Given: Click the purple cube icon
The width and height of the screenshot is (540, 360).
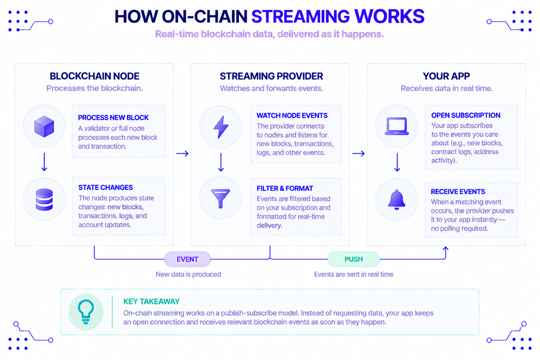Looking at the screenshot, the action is coord(44,127).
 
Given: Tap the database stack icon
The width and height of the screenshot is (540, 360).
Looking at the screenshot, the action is coord(44,200).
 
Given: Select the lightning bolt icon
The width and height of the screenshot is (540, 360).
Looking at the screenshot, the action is coord(221,127).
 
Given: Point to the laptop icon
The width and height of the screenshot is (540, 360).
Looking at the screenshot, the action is coord(397,127).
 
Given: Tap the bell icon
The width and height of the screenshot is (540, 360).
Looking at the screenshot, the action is coord(397,200).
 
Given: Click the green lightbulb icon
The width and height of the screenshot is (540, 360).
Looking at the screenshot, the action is coord(86,312).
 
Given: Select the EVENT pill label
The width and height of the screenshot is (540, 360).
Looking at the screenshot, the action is coord(187,259).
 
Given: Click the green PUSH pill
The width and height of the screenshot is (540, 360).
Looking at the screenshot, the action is coord(354,259).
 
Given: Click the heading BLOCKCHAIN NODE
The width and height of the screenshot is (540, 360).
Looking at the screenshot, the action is coord(94,76).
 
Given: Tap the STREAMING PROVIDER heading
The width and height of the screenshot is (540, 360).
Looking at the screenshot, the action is coord(272,76).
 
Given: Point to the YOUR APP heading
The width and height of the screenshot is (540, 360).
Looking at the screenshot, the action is coord(446,76).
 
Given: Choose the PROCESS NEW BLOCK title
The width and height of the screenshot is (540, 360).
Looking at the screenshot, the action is coord(113,118).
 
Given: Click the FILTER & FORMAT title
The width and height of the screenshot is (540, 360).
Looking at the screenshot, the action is coord(285,188).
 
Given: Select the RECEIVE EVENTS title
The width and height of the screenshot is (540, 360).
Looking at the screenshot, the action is coord(458,192).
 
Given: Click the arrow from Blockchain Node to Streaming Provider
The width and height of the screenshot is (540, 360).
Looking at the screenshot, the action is coord(182,153).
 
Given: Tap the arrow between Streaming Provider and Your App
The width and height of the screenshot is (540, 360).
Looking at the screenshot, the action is coord(359,153).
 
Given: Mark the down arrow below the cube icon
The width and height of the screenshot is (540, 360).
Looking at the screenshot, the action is coord(44,162).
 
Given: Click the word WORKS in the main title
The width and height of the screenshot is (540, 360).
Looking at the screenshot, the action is coord(389,16).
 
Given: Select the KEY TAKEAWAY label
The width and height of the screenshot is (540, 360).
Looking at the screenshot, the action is coord(151,301).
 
